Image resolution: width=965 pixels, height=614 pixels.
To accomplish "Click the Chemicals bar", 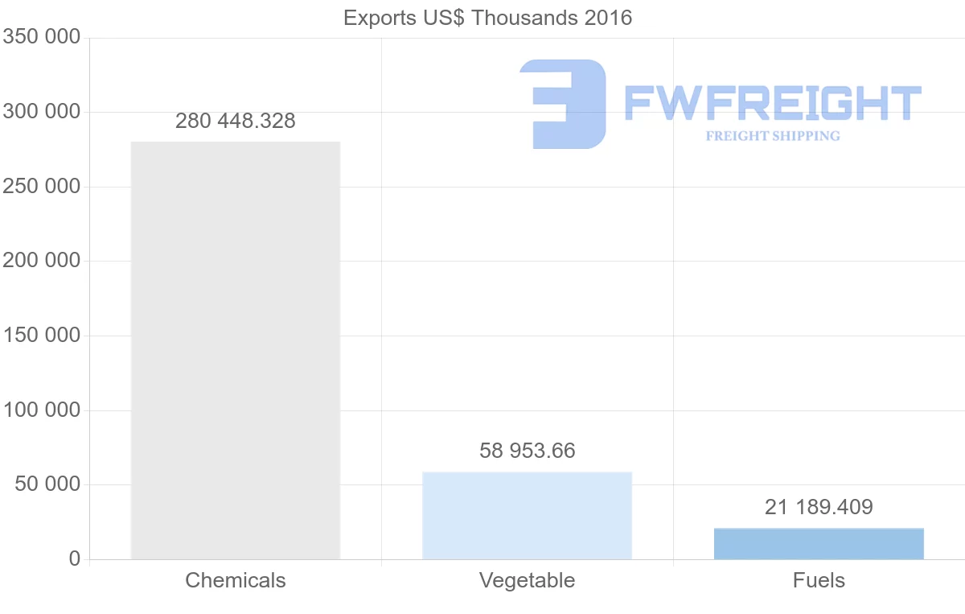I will pyautogui.click(x=235, y=350).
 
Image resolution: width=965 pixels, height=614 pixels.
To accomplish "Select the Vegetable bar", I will pyautogui.click(x=527, y=515).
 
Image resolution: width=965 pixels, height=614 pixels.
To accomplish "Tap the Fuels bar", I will pyautogui.click(x=819, y=543).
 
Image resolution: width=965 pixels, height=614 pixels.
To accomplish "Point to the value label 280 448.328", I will pyautogui.click(x=235, y=122).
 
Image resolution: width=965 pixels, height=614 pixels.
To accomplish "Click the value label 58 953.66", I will pyautogui.click(x=527, y=451).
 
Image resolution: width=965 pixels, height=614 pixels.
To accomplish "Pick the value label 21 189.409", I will pyautogui.click(x=819, y=507).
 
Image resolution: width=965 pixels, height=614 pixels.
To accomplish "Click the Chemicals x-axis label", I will pyautogui.click(x=235, y=580).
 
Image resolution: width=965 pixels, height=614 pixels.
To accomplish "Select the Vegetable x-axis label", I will pyautogui.click(x=527, y=580).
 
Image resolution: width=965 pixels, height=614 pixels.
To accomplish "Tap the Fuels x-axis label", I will pyautogui.click(x=819, y=580).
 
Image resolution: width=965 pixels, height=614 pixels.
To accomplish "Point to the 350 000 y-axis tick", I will pyautogui.click(x=41, y=38).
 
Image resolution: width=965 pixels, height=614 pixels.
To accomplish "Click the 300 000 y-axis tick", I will pyautogui.click(x=41, y=112).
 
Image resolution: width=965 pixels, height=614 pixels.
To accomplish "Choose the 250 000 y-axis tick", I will pyautogui.click(x=41, y=187).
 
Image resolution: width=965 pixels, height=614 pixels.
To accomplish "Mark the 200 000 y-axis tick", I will pyautogui.click(x=41, y=261).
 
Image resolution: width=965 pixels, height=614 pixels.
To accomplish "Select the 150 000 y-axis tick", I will pyautogui.click(x=41, y=336).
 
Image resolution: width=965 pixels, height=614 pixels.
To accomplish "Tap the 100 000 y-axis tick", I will pyautogui.click(x=41, y=410).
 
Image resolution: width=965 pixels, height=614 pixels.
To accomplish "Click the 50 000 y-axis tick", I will pyautogui.click(x=47, y=484).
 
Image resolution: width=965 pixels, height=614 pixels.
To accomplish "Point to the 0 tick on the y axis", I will pyautogui.click(x=75, y=559).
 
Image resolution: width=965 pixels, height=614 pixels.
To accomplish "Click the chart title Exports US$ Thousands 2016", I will pyautogui.click(x=487, y=18).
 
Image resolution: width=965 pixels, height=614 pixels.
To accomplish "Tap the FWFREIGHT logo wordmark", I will pyautogui.click(x=772, y=103).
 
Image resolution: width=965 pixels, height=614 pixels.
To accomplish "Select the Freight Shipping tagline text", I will pyautogui.click(x=772, y=136).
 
